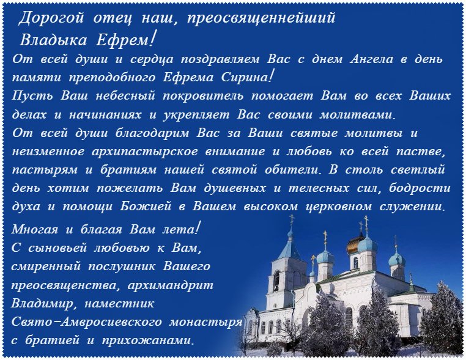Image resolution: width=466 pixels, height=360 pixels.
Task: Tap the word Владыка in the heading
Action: coord(53,40)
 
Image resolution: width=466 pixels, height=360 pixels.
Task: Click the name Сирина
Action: coord(245,78)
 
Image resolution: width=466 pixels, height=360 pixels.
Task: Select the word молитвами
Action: coord(357,115)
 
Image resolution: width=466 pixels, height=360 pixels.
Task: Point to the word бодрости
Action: coord(420,188)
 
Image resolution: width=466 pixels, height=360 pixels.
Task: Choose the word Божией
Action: coord(146,207)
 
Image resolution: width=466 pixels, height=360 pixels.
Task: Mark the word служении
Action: coord(413,207)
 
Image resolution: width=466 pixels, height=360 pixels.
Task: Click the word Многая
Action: coord(35,230)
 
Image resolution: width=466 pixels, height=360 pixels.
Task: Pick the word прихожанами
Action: coord(148,340)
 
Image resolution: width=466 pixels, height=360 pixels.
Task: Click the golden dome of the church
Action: coord(354,245)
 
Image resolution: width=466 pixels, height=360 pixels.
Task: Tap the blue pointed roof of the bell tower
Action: coord(290,249)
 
